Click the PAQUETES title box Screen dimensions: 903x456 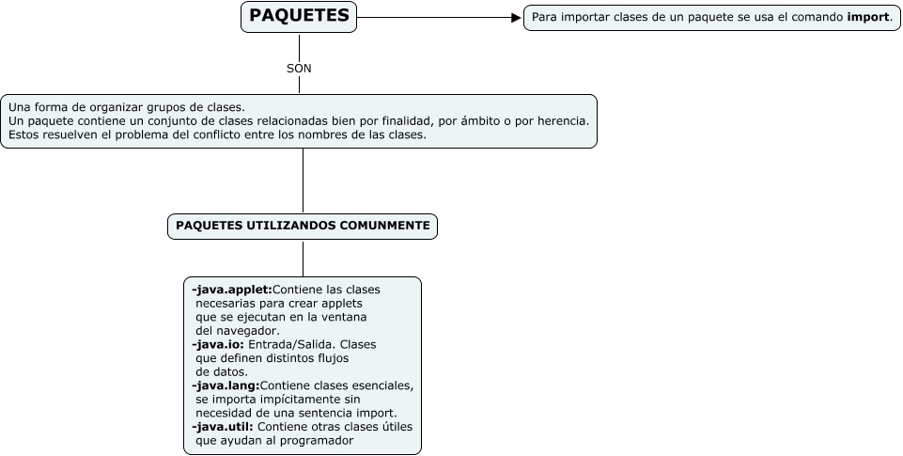[299, 17]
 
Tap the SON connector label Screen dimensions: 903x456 [299, 69]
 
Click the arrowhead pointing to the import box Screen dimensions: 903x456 [516, 17]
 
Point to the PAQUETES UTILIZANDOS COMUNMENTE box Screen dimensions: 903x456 [303, 226]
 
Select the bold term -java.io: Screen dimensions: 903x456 [217, 344]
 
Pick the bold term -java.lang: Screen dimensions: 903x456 [225, 385]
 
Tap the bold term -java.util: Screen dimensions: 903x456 [222, 427]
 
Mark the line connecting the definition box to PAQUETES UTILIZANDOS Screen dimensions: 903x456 [303, 181]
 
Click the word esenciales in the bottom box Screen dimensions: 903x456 [383, 385]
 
